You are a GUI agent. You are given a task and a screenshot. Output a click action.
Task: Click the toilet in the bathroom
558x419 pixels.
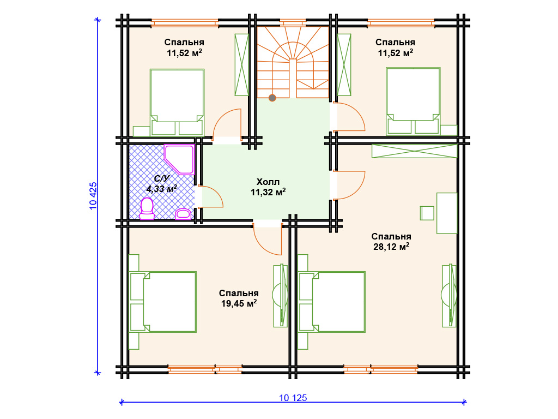click(x=147, y=208)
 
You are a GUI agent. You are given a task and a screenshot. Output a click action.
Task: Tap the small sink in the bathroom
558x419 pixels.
click(x=183, y=213)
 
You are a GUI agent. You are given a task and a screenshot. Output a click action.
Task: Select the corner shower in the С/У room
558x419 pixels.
click(x=179, y=159)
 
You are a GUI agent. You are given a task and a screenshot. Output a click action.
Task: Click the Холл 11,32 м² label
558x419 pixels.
click(x=268, y=187)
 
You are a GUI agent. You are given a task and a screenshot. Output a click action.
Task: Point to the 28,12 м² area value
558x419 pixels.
click(x=391, y=247)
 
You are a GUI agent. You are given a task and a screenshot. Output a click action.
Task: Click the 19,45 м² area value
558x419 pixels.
click(x=239, y=303)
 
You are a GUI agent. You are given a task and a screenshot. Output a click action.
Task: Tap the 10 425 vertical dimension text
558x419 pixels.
click(x=93, y=196)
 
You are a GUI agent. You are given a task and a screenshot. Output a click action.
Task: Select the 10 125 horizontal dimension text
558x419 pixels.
click(x=293, y=398)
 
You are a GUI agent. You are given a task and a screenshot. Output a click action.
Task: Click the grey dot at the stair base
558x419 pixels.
click(x=272, y=98)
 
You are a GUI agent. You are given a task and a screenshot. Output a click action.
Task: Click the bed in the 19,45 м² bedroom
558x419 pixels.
click(x=163, y=302)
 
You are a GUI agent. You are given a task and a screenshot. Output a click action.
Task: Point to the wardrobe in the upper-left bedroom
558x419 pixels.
click(x=241, y=65)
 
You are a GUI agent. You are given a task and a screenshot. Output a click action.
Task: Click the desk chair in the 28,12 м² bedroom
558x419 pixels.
click(x=427, y=213)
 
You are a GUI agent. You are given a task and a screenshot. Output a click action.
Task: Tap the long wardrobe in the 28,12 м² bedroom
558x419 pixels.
click(x=414, y=151)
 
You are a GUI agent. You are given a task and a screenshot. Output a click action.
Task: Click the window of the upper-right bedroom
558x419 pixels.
click(x=401, y=23)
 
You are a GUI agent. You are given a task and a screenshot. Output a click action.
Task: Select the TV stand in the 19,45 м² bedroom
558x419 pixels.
click(x=281, y=296)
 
